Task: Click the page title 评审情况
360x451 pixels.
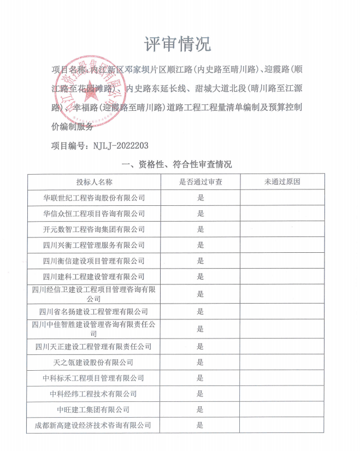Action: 178,44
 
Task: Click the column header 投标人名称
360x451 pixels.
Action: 94,182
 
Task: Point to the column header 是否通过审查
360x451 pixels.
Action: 200,182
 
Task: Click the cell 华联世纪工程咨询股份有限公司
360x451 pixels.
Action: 94,198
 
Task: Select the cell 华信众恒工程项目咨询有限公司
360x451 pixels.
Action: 94,213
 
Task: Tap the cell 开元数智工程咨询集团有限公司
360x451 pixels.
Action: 94,229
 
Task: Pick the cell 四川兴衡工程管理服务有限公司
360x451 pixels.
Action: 94,245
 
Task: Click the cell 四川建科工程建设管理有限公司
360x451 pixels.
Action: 94,277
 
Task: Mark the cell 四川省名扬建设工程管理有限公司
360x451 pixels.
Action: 94,312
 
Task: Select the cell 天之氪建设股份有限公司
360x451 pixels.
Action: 94,363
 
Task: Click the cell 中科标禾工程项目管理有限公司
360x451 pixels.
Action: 94,378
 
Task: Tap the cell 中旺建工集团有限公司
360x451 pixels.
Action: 94,410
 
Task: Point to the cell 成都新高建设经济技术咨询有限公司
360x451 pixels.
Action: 94,425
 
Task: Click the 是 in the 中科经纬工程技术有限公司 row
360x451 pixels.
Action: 200,394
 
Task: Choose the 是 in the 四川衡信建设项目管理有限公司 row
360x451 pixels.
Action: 200,261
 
